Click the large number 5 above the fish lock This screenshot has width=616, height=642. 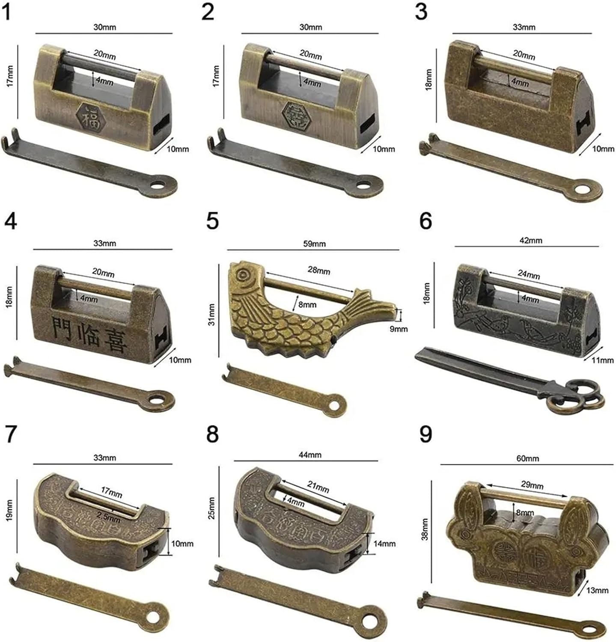(x=212, y=221)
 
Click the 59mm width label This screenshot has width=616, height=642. (x=314, y=244)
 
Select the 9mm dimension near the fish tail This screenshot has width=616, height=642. (x=399, y=329)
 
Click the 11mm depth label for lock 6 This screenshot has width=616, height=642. (x=602, y=360)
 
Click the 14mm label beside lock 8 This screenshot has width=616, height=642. (x=384, y=544)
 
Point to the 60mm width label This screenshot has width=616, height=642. (x=527, y=458)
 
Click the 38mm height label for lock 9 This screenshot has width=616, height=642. (x=425, y=529)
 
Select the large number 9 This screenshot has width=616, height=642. (x=426, y=435)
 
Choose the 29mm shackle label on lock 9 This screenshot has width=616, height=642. (x=531, y=485)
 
